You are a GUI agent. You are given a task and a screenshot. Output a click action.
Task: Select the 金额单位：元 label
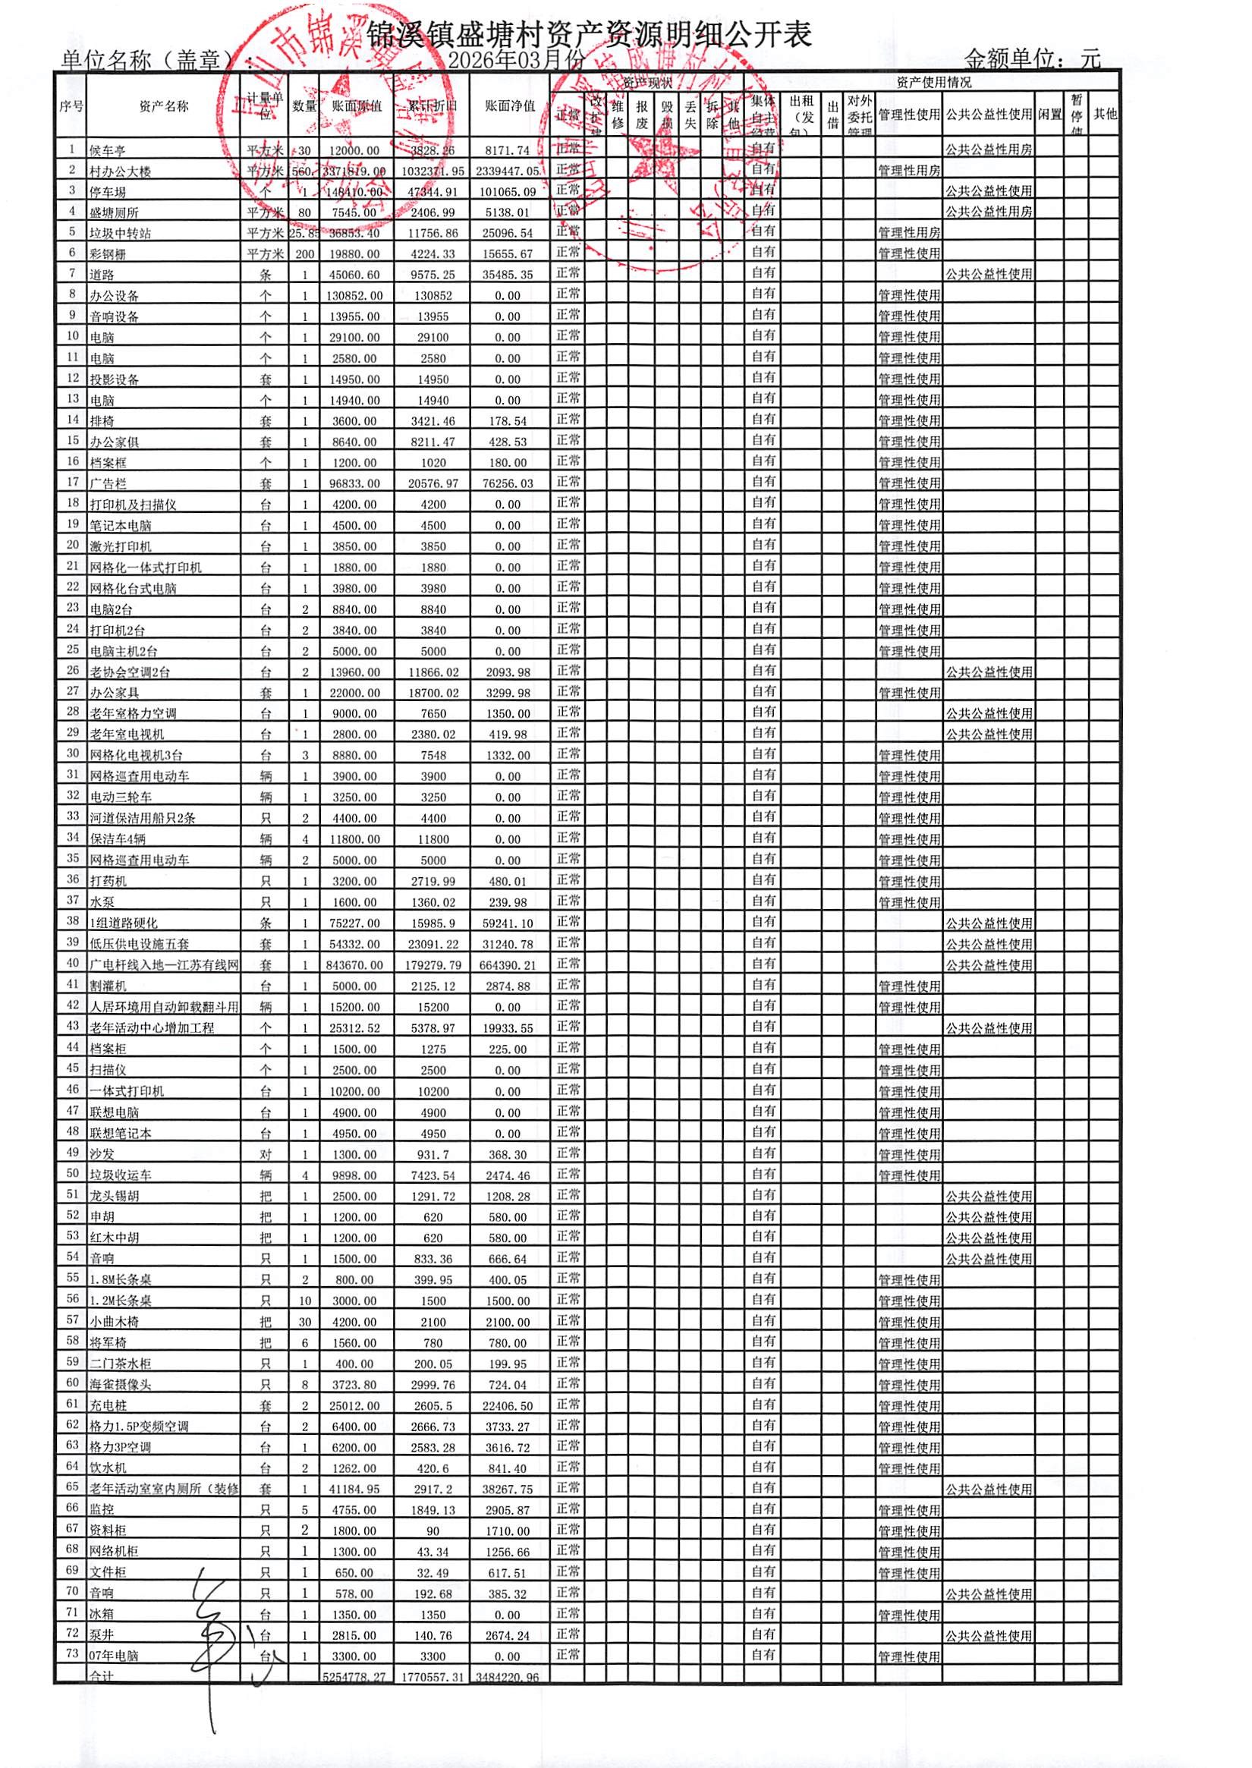pyautogui.click(x=1032, y=58)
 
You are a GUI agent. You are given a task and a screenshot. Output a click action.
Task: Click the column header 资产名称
pyautogui.click(x=163, y=107)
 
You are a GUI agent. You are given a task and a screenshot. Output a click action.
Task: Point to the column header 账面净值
pyautogui.click(x=509, y=106)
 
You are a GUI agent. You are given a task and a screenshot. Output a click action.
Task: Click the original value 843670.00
pyautogui.click(x=354, y=965)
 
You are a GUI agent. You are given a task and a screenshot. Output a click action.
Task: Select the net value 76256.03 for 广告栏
pyautogui.click(x=509, y=483)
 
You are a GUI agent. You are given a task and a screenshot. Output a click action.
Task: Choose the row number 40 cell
pyautogui.click(x=73, y=963)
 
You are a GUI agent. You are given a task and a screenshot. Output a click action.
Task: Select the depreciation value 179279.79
pyautogui.click(x=433, y=965)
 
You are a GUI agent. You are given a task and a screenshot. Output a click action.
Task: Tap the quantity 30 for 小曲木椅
pyautogui.click(x=305, y=1322)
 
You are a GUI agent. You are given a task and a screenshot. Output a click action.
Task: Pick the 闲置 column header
pyautogui.click(x=1049, y=114)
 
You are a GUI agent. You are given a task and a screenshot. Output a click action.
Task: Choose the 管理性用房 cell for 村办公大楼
pyautogui.click(x=909, y=171)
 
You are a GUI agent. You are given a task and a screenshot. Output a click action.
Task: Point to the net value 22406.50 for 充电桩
pyautogui.click(x=509, y=1405)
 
